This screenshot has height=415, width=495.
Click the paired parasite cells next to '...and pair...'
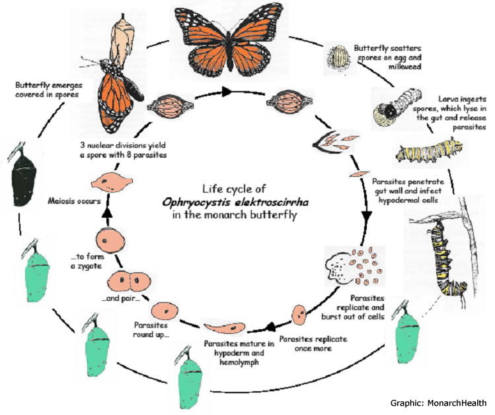pos(128,281)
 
